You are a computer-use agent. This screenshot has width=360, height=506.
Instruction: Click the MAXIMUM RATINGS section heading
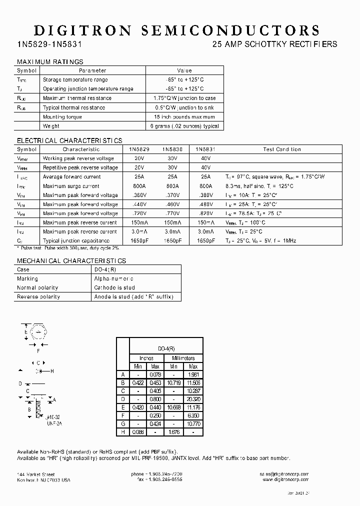click(50, 62)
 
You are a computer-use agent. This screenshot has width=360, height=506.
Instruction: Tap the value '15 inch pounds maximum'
click(184, 117)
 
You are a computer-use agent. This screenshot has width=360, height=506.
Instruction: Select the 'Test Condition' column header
click(282, 149)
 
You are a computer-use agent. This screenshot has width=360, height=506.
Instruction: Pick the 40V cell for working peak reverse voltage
click(205, 158)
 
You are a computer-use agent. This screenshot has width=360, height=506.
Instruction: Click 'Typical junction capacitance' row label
click(76, 241)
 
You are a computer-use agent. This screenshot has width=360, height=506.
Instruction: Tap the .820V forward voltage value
click(205, 213)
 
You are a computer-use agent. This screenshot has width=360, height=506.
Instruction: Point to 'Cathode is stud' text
click(114, 288)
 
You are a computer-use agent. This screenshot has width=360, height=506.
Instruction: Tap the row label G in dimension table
click(122, 423)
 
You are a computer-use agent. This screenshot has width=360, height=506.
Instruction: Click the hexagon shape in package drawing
click(37, 332)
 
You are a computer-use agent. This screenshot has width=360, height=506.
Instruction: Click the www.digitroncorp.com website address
click(285, 479)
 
